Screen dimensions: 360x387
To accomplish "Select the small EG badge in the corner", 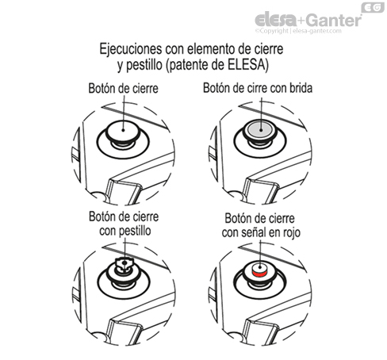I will pyautogui.click(x=372, y=7).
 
